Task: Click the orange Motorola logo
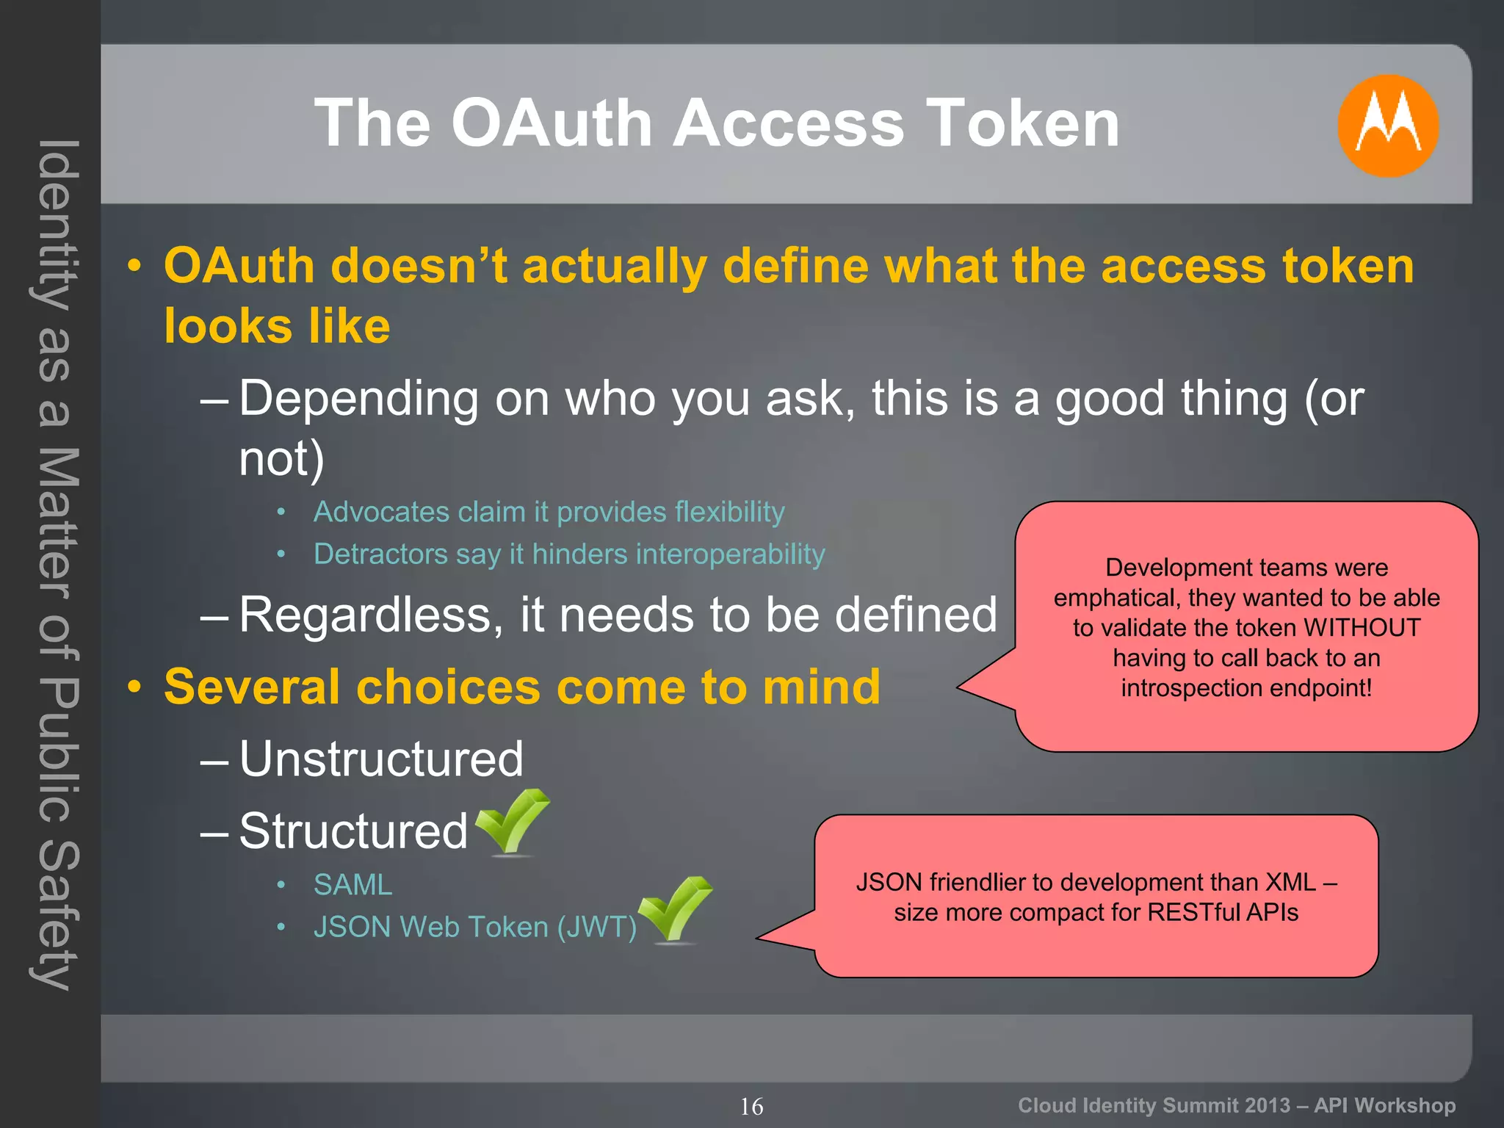coord(1387,126)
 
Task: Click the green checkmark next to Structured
coord(513,822)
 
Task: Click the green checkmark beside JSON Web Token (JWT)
coord(676,909)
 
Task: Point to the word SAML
coord(352,885)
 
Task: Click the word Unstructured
coord(381,759)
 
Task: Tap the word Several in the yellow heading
coord(252,687)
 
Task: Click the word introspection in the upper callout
coord(1190,688)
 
